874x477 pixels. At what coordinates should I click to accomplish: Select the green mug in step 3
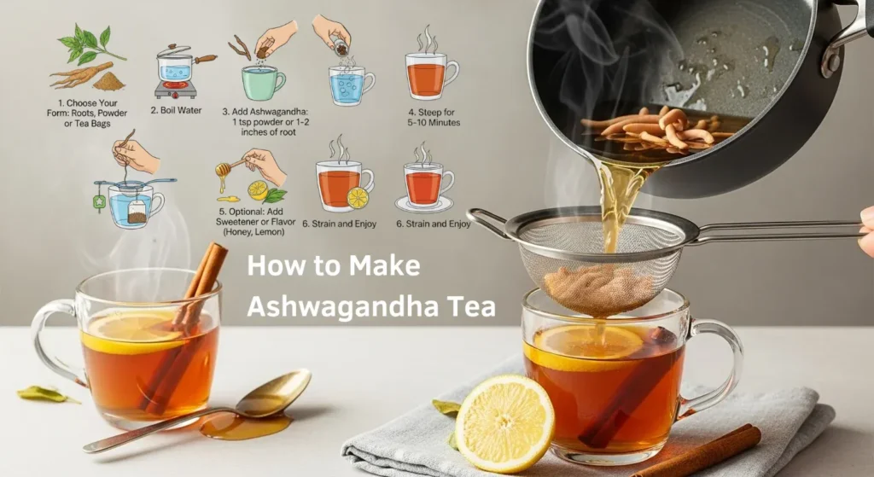(x=263, y=83)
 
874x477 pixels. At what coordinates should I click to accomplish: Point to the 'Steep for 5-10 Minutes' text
(x=434, y=118)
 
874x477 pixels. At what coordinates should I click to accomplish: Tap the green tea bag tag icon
(x=99, y=203)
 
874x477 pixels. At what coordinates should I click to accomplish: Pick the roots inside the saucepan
(x=657, y=128)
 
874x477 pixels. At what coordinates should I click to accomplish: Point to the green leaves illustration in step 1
(x=89, y=44)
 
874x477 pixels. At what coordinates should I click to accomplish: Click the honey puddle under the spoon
(x=246, y=426)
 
